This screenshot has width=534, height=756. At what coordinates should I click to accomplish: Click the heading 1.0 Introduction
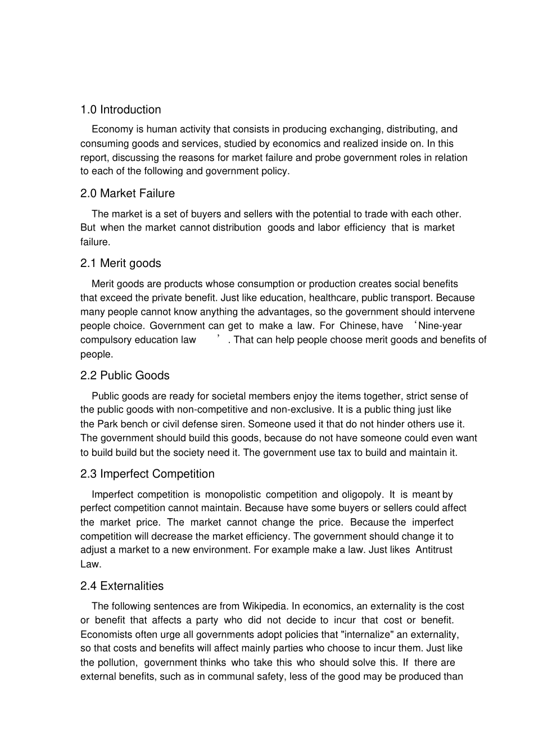[120, 110]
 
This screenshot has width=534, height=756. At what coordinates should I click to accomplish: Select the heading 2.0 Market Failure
[128, 193]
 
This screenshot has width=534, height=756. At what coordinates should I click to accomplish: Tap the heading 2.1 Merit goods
[120, 263]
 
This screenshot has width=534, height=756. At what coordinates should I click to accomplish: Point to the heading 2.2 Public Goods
[125, 375]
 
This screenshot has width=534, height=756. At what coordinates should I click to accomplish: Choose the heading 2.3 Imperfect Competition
[147, 474]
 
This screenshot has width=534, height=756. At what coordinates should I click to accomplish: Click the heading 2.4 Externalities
[122, 586]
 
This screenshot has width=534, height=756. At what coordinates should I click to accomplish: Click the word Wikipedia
[264, 606]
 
